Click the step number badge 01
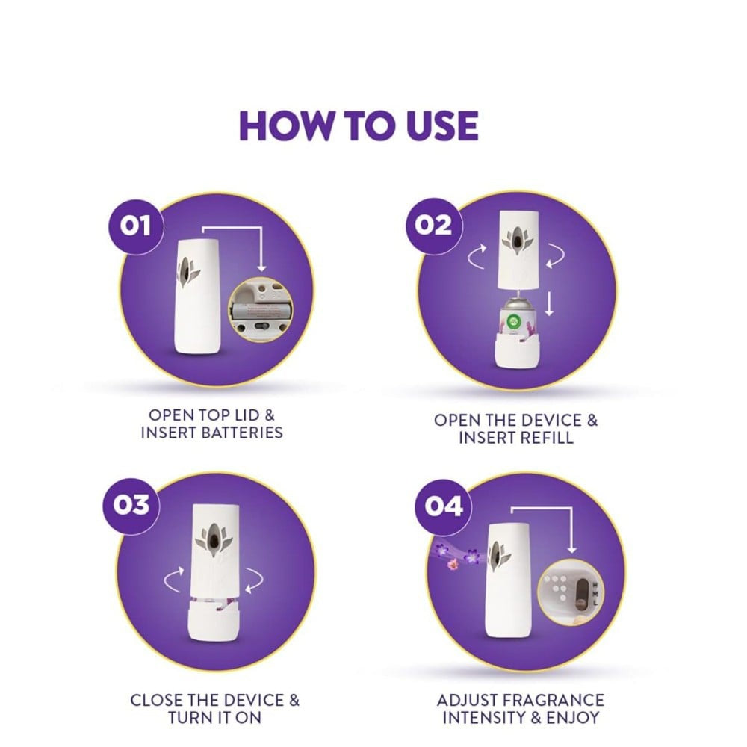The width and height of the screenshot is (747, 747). tap(136, 227)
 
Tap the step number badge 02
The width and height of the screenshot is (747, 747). tap(433, 226)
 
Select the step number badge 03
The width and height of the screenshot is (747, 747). tap(131, 506)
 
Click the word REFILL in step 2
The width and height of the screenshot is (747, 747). tap(545, 438)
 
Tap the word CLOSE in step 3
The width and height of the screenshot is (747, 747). tap(156, 701)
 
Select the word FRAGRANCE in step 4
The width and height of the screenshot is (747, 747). tap(553, 701)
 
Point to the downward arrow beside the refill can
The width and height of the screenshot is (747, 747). tap(549, 305)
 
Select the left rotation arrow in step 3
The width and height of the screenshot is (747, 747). tap(173, 580)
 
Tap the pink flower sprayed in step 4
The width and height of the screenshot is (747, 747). tap(453, 565)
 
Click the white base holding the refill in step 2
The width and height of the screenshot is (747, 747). tap(516, 350)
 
